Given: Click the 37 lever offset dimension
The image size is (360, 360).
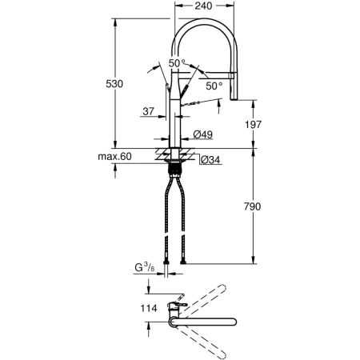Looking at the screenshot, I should tap(150, 112).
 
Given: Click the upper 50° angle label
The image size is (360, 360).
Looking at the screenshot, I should tap(176, 63).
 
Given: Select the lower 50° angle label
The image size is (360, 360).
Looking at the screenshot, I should tap(214, 85).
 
